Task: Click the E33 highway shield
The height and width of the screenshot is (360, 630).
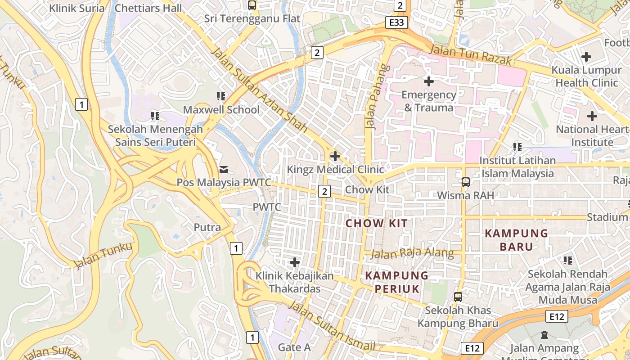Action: point(396,22)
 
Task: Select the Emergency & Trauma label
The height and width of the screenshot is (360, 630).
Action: point(428,101)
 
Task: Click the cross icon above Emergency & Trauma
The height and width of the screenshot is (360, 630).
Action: point(429,81)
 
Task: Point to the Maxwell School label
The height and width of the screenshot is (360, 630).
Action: point(221,110)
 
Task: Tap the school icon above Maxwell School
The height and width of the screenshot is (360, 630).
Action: point(221,96)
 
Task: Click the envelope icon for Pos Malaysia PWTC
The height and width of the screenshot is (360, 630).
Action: point(223,170)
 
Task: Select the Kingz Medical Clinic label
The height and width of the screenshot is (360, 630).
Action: point(335,170)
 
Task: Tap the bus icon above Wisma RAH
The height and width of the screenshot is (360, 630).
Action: point(466,182)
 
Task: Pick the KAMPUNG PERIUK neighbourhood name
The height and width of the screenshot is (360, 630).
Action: point(396,282)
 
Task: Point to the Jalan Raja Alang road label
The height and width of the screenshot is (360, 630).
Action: point(412,253)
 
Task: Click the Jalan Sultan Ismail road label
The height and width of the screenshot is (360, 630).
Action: point(331,327)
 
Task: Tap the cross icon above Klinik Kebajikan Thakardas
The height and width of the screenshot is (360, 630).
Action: point(295,262)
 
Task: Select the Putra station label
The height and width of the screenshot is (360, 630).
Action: point(207,227)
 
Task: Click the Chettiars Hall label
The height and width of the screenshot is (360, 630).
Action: point(148,8)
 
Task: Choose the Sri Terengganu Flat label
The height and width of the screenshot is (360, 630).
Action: point(252,18)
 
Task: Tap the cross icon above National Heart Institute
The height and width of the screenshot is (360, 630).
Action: point(592,116)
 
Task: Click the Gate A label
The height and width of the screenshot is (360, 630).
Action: point(294,347)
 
